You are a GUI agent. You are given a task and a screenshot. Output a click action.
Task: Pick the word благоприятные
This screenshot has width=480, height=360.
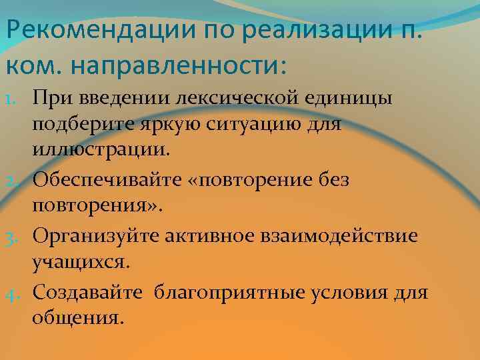tap(231, 293)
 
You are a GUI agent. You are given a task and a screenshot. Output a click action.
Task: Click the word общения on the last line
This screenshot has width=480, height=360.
tap(77, 318)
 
